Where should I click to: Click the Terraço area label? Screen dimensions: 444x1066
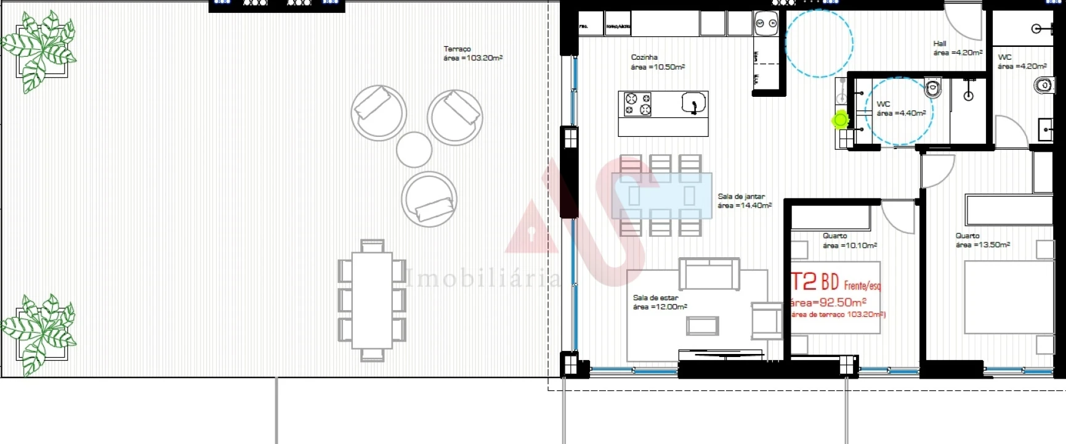pyautogui.click(x=472, y=54)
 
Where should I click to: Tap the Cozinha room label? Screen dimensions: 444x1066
pyautogui.click(x=657, y=62)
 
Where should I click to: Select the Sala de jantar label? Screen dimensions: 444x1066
pyautogui.click(x=744, y=201)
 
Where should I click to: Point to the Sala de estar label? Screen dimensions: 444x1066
pyautogui.click(x=660, y=302)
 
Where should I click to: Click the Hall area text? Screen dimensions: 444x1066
pyautogui.click(x=957, y=48)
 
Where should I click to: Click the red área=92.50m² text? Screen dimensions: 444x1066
pyautogui.click(x=828, y=302)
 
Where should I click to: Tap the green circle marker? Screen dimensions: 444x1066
pyautogui.click(x=841, y=120)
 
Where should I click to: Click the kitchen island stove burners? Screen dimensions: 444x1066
pyautogui.click(x=638, y=104)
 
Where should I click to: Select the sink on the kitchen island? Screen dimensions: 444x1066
pyautogui.click(x=693, y=104)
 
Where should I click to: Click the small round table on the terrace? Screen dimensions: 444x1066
pyautogui.click(x=414, y=149)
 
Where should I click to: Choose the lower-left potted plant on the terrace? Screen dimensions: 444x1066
pyautogui.click(x=39, y=334)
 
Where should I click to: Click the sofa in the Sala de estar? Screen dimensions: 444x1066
pyautogui.click(x=709, y=273)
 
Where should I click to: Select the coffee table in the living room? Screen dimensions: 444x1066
pyautogui.click(x=702, y=325)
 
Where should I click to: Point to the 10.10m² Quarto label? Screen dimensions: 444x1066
pyautogui.click(x=849, y=240)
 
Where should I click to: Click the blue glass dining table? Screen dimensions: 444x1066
pyautogui.click(x=661, y=196)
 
